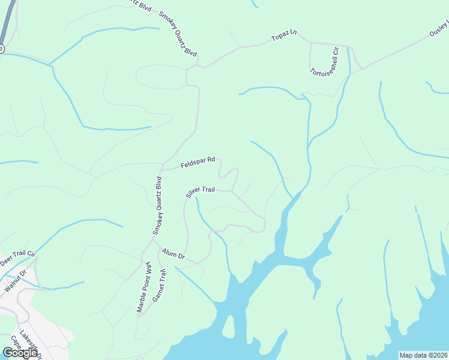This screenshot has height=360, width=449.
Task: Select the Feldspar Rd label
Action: click(198, 162)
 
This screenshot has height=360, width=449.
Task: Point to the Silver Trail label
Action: click(200, 191)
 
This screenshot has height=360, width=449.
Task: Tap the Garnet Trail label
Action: click(161, 286)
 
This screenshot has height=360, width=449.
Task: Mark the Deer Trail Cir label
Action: click(18, 259)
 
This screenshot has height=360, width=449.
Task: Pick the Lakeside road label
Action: click(28, 343)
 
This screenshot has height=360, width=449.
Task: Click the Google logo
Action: click(20, 353)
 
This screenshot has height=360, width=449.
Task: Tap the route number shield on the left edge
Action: click(2, 48)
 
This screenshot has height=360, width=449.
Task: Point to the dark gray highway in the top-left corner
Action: click(5, 21)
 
